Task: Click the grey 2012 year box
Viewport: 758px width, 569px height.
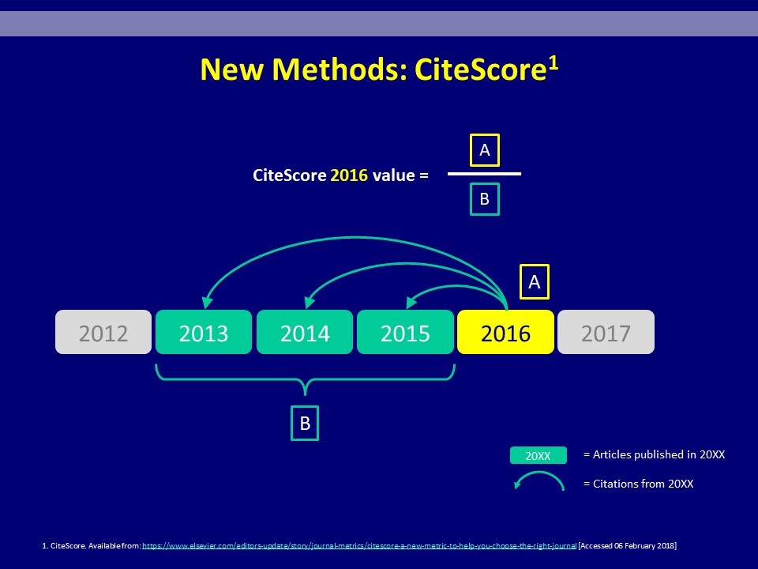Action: point(103,332)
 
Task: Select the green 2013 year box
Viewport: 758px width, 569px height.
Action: point(204,332)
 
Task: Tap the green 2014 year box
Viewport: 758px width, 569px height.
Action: point(305,332)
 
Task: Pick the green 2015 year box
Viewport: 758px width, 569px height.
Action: point(405,332)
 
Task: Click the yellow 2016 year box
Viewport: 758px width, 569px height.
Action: point(505,332)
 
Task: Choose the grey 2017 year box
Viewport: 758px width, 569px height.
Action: point(606,332)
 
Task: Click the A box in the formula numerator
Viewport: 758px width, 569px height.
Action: point(485,150)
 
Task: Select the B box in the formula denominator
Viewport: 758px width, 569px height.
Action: point(485,199)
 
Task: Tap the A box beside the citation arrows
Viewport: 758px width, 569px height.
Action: point(535,281)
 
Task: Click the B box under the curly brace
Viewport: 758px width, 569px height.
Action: point(305,423)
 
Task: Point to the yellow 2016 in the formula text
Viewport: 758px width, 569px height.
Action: point(349,175)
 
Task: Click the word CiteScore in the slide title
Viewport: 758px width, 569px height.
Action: point(480,70)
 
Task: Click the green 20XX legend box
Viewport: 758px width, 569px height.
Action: point(538,455)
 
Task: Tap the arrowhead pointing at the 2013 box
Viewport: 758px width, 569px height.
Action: point(207,303)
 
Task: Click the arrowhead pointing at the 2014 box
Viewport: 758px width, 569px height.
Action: point(310,303)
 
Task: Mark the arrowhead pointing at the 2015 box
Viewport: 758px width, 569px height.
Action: point(411,303)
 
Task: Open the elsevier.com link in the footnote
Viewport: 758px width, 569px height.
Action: point(359,546)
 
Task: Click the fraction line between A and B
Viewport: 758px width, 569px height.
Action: point(484,174)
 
